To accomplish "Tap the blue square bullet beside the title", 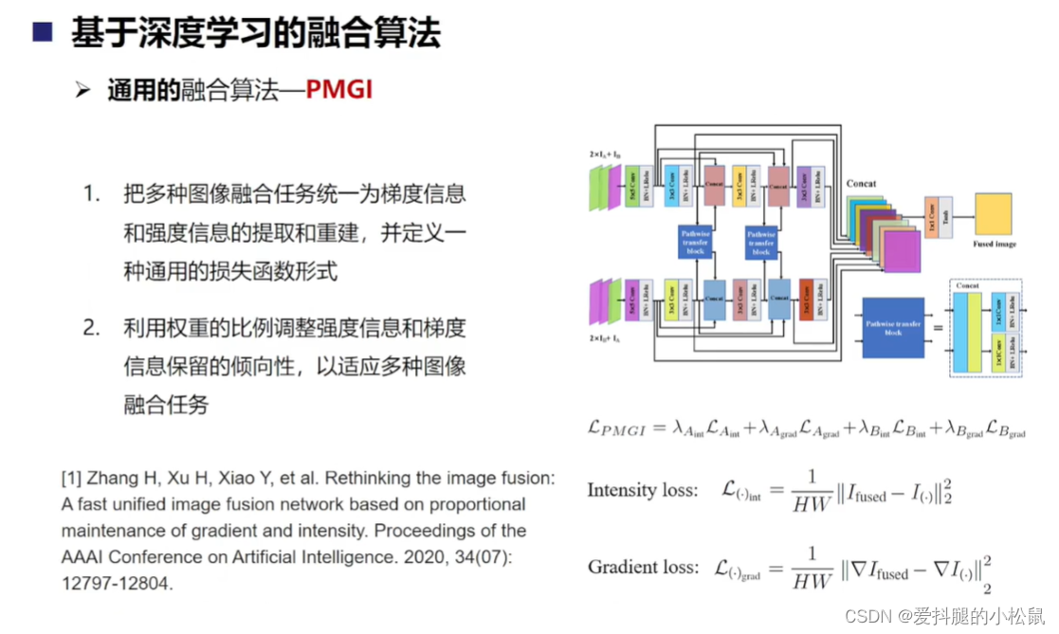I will pos(42,35).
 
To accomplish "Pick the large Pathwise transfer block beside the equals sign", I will pos(893,328).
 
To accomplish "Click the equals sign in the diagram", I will pos(938,330).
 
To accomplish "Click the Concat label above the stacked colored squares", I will pos(861,184).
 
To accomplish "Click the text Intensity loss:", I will pos(642,490).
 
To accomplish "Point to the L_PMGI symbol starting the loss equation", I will pos(615,428).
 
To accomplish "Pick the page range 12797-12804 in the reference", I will pos(118,584).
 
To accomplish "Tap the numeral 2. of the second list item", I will pos(91,328).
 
